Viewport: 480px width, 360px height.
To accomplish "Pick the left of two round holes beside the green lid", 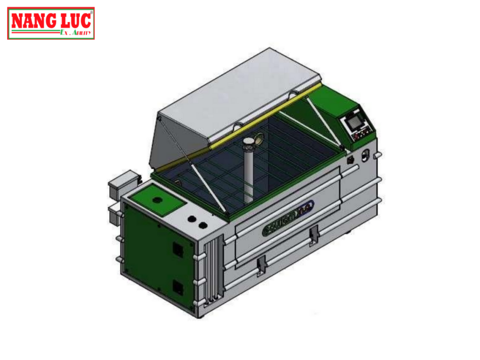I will click(x=191, y=218).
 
